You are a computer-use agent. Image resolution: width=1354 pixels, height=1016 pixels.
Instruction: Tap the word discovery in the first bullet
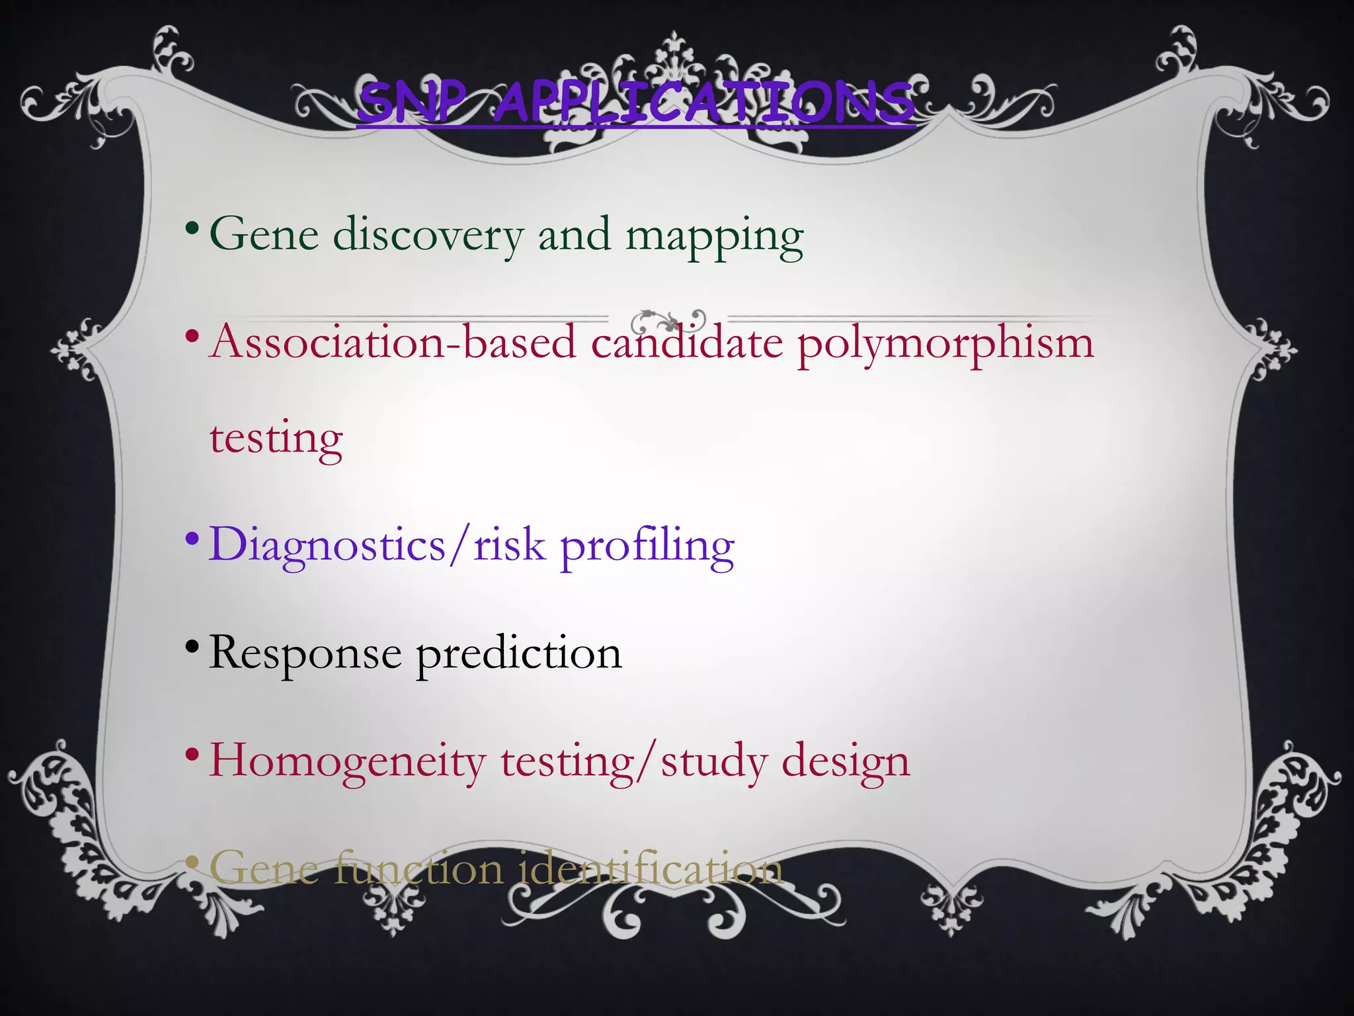[x=428, y=235]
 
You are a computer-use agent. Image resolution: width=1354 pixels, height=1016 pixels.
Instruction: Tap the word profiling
[x=647, y=548]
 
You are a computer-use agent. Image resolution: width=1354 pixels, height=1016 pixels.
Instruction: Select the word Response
[x=305, y=654]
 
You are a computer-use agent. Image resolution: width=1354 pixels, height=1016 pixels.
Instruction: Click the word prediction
[x=519, y=654]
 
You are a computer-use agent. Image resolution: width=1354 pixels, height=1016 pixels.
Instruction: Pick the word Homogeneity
[x=348, y=762]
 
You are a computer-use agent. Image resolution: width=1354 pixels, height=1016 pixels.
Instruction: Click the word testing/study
[x=633, y=762]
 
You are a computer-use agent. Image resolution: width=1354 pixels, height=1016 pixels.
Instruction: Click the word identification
[x=651, y=869]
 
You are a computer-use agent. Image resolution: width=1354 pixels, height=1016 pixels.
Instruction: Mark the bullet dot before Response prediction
[x=192, y=645]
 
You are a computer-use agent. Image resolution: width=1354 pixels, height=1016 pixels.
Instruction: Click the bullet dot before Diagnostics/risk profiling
[x=192, y=537]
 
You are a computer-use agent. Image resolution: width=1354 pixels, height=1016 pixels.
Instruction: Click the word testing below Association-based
[x=276, y=439]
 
